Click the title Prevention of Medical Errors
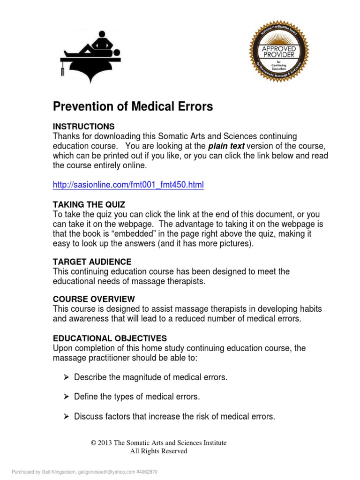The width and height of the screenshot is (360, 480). coord(133,107)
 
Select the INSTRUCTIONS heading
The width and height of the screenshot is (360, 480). coord(83,127)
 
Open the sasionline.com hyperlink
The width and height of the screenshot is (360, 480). coord(128,185)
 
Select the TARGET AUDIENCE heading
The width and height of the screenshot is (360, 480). coord(92,262)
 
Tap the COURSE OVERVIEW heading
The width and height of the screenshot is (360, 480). coord(94,299)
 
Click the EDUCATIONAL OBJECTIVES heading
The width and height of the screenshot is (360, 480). coord(109,338)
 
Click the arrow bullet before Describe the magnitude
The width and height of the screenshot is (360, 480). coord(66,378)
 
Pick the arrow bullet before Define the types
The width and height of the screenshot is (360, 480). coord(66,397)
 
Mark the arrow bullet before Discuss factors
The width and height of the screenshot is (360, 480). coord(66,416)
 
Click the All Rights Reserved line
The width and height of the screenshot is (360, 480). coord(158,451)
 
